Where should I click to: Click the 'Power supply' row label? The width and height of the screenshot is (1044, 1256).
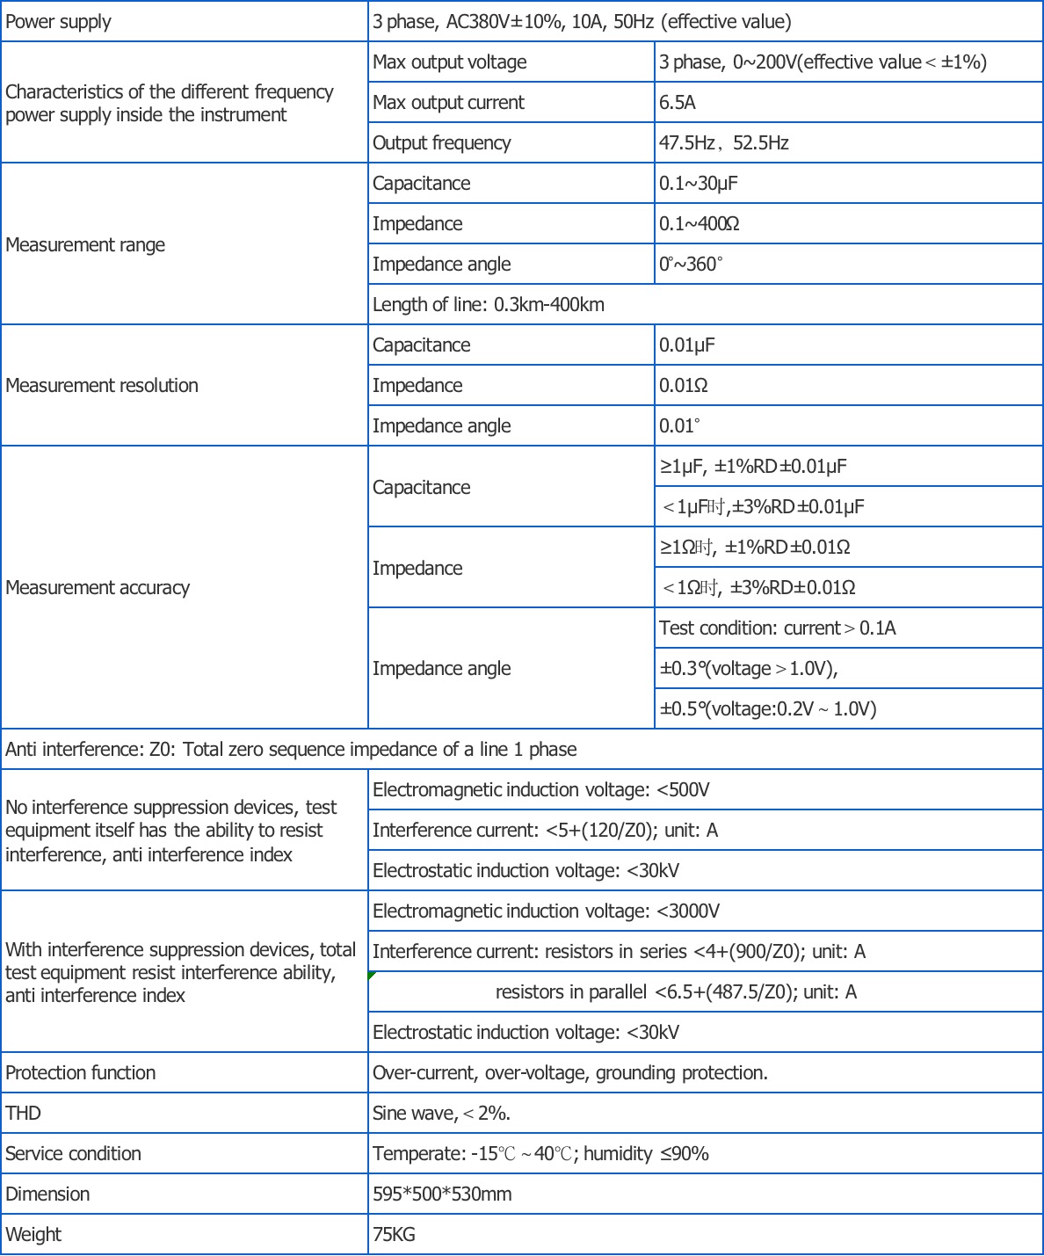tap(59, 22)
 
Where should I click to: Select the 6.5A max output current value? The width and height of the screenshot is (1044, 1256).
tap(678, 103)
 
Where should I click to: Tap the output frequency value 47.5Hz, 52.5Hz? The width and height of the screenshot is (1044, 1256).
tap(724, 143)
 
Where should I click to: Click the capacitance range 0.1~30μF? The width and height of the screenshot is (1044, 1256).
tap(699, 184)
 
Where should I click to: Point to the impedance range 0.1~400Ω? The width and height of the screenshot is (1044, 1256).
tap(700, 224)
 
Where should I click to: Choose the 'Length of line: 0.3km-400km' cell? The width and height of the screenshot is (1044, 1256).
tap(489, 305)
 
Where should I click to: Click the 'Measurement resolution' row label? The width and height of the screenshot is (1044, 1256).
tap(102, 386)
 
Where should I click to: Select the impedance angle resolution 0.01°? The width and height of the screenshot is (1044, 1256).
tap(680, 426)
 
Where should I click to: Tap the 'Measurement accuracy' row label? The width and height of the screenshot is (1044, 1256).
tap(98, 588)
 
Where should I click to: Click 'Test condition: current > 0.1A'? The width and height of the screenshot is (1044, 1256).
tap(778, 628)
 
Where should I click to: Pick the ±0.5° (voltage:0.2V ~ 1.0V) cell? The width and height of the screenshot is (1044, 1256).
tap(768, 709)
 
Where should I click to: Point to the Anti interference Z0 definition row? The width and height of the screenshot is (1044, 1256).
tap(291, 750)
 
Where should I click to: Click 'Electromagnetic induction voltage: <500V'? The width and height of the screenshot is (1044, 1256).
tap(541, 790)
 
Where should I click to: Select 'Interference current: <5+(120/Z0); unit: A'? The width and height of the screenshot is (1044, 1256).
tap(545, 831)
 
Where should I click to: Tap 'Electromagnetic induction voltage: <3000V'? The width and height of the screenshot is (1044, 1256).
tap(546, 911)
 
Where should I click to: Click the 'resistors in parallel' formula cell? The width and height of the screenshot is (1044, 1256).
tap(676, 992)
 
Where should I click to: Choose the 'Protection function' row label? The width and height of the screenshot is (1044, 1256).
tap(81, 1073)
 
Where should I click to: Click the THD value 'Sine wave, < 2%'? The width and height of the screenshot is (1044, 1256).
tap(441, 1114)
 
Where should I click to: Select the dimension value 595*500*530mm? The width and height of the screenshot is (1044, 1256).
tap(442, 1194)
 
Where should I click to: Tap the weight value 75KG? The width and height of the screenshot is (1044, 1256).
tap(394, 1235)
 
